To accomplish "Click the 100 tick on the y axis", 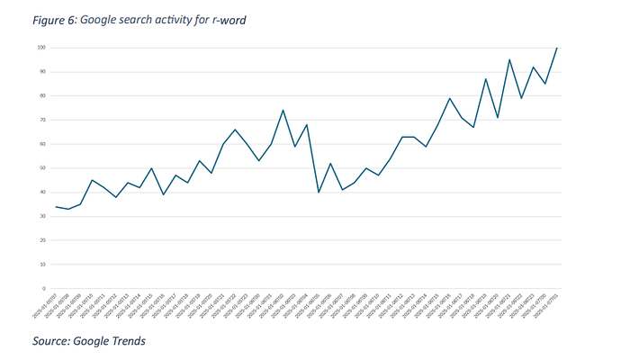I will (x=41, y=47).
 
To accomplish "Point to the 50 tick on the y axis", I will (x=42, y=167).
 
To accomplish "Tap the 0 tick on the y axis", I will (x=44, y=289).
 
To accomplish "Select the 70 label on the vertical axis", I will (x=42, y=120).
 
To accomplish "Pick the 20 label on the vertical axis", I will (x=42, y=240).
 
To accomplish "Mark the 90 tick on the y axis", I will (x=42, y=71).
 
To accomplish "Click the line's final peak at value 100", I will (x=557, y=48).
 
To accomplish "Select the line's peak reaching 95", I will (x=509, y=59).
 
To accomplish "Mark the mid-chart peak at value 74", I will (x=283, y=110).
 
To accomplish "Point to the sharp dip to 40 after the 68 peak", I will (x=319, y=193).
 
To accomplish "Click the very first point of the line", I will (x=56, y=207).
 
